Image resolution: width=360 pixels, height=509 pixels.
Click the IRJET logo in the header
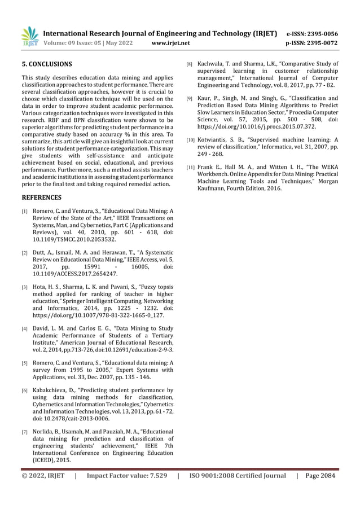[x=29, y=37]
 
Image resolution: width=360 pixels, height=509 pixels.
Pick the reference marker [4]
[x=24, y=328]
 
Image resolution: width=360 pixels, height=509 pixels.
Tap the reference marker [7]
[x=24, y=432]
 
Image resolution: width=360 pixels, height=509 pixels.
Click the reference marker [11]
[x=191, y=167]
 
